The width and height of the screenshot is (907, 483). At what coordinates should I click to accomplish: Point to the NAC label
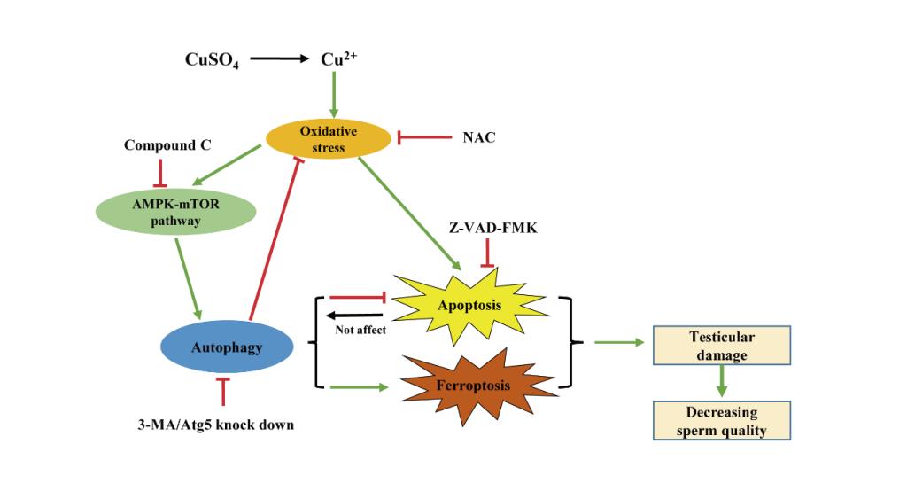coord(478,137)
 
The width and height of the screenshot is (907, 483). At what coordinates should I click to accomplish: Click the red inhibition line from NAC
coord(424,137)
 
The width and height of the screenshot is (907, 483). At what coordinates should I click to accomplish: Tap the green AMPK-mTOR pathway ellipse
coord(175,212)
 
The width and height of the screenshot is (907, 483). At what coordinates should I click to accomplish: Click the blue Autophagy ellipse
coord(227,347)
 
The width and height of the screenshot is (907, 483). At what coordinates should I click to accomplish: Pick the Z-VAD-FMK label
coord(486,229)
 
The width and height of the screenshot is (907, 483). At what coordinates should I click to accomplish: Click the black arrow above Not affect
coord(353,315)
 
